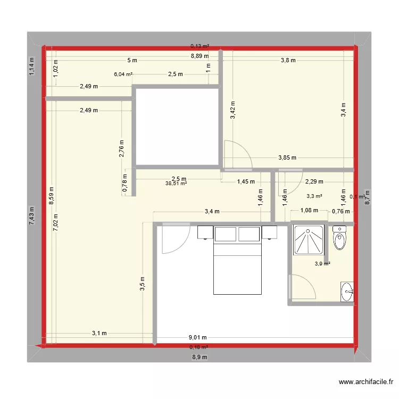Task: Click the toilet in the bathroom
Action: [339, 238]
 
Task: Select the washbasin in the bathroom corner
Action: [347, 292]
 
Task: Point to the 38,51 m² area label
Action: [176, 184]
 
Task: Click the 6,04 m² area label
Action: [123, 74]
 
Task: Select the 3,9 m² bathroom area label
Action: [322, 263]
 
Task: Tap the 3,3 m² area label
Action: [314, 196]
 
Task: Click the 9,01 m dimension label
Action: [197, 337]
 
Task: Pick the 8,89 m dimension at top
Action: [200, 55]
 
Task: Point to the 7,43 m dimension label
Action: [32, 216]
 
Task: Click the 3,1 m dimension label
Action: [99, 334]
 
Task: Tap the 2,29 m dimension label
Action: [314, 181]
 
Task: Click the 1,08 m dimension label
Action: [310, 211]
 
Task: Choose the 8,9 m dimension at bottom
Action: [200, 357]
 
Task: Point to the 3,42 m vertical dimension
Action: [233, 110]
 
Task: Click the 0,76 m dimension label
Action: [340, 211]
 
